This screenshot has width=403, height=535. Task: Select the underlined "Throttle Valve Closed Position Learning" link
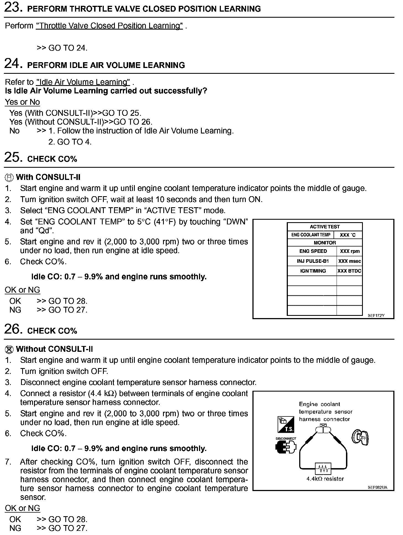109,26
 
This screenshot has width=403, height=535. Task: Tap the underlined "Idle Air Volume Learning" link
83,82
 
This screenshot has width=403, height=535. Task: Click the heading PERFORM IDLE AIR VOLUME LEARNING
106,65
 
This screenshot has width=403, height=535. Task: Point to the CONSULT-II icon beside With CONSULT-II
9,177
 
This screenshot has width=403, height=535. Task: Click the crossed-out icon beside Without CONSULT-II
9,349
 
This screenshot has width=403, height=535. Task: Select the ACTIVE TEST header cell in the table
325,227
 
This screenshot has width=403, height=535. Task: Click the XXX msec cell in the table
349,261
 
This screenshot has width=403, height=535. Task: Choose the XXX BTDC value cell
349,271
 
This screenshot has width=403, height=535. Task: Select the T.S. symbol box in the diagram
286,425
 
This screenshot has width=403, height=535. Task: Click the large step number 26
13,329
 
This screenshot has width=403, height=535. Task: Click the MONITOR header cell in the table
325,243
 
